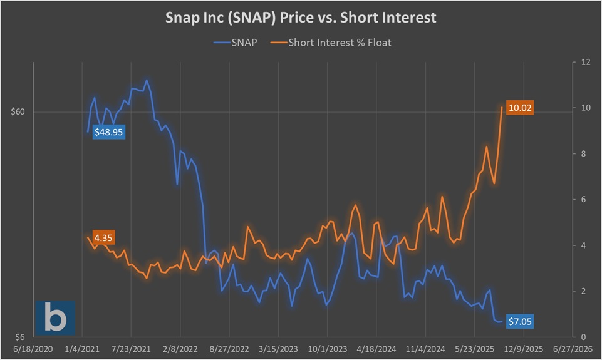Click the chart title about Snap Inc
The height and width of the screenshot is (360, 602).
click(x=301, y=18)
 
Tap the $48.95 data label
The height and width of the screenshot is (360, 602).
click(x=110, y=133)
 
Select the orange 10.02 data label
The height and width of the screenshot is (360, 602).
click(x=520, y=108)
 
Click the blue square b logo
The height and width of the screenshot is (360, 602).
click(x=55, y=317)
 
